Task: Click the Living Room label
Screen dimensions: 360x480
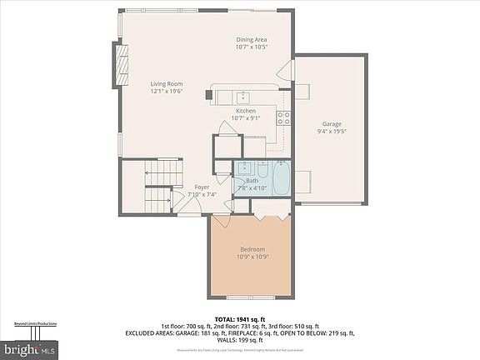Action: (167, 83)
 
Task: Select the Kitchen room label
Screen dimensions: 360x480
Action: (245, 110)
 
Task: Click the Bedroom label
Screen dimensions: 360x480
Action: (252, 249)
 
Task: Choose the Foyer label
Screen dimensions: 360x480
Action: (202, 187)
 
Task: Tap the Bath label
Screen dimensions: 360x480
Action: (252, 181)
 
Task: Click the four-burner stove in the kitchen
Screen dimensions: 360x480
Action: (283, 116)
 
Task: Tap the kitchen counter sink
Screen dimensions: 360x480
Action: (243, 95)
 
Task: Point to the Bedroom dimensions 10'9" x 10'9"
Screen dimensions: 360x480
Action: (252, 257)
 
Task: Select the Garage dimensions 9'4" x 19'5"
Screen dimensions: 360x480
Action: (331, 131)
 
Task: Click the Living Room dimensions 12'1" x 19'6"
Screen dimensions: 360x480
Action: (167, 92)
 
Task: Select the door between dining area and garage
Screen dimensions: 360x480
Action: (286, 71)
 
